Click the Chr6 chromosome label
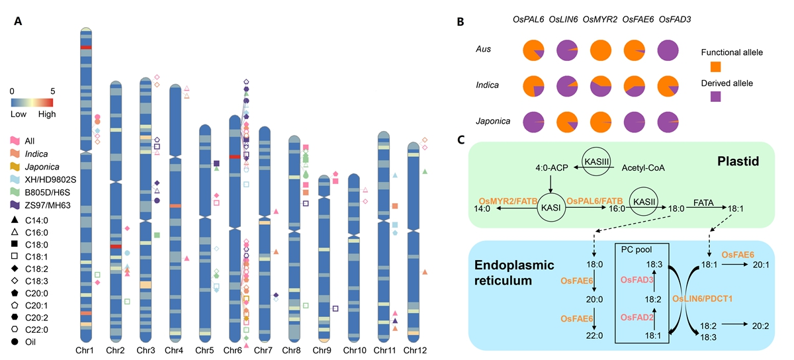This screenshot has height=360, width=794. (233, 349)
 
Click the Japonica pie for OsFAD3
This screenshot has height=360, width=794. (669, 123)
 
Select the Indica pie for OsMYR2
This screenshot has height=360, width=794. (601, 87)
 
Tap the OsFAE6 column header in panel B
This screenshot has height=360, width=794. (635, 20)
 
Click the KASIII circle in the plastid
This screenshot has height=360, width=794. (594, 162)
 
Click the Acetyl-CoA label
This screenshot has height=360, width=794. (641, 168)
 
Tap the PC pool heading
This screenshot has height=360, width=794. (635, 249)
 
